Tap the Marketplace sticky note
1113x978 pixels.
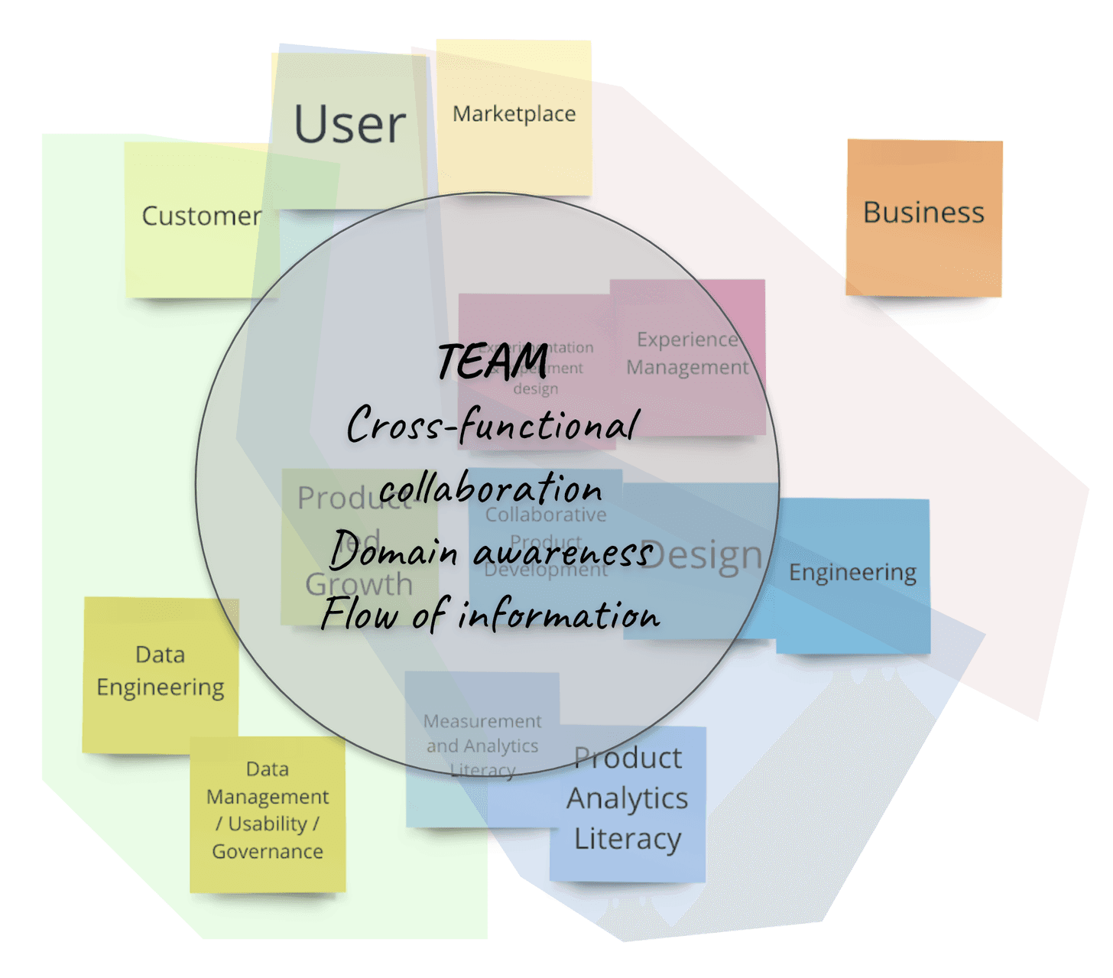(514, 115)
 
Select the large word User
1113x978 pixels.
(350, 125)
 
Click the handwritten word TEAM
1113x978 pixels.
(494, 361)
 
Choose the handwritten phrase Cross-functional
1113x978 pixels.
(492, 425)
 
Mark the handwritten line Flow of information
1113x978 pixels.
(490, 615)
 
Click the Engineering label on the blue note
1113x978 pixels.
(852, 573)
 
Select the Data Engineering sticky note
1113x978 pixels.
(161, 671)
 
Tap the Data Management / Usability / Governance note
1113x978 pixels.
(268, 811)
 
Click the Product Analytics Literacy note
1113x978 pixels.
(628, 799)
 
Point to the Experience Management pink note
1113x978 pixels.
(687, 353)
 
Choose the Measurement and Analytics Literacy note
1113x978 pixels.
(482, 746)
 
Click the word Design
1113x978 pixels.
(702, 557)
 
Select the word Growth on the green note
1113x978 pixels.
(359, 585)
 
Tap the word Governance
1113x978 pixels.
(268, 852)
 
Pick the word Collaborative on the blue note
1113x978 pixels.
(546, 515)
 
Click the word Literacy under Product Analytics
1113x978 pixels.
(628, 840)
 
